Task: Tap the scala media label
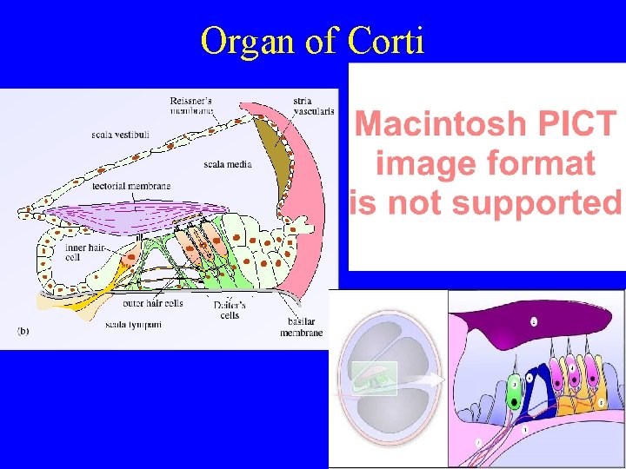click(228, 163)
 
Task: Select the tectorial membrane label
click(131, 186)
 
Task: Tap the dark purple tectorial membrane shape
click(522, 326)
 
